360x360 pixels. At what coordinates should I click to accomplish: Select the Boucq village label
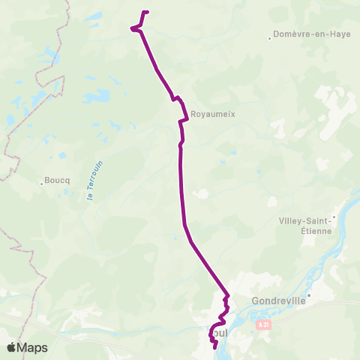57,181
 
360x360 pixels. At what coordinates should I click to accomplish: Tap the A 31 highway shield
262,325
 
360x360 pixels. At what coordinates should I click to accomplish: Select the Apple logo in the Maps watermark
12,347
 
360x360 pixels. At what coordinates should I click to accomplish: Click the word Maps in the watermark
32,347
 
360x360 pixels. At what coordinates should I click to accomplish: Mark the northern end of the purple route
147,11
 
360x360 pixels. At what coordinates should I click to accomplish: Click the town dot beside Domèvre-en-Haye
270,34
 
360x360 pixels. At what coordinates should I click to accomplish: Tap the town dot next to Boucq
42,181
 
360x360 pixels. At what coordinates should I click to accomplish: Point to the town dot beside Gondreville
307,294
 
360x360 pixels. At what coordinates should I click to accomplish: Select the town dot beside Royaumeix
187,115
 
